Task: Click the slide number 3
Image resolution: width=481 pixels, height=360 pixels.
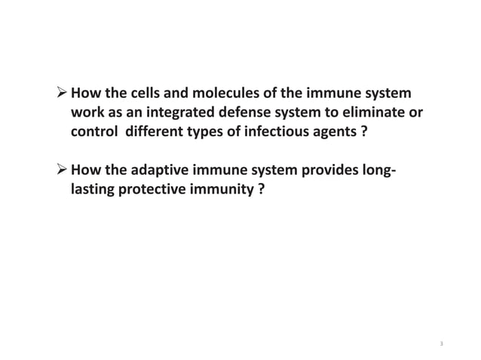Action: tap(441, 344)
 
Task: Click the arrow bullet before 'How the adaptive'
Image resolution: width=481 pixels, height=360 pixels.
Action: tap(60, 172)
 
